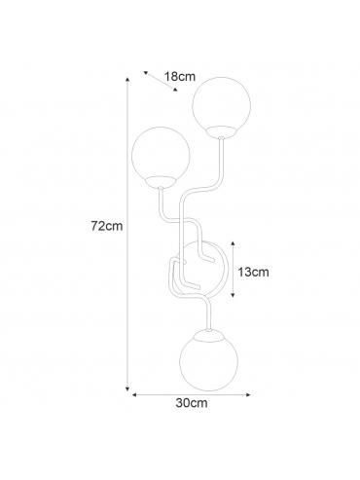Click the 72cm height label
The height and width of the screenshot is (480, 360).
coord(107,226)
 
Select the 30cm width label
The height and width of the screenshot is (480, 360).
coord(192,403)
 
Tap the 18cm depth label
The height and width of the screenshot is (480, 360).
coord(180,77)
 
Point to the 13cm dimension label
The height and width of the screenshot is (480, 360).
coord(254,272)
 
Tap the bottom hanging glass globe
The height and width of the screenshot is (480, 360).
coord(208,360)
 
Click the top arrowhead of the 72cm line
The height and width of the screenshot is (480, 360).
coord(127,79)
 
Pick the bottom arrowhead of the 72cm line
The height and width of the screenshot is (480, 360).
coord(127,388)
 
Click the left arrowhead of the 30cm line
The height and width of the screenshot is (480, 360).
coord(134,395)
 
